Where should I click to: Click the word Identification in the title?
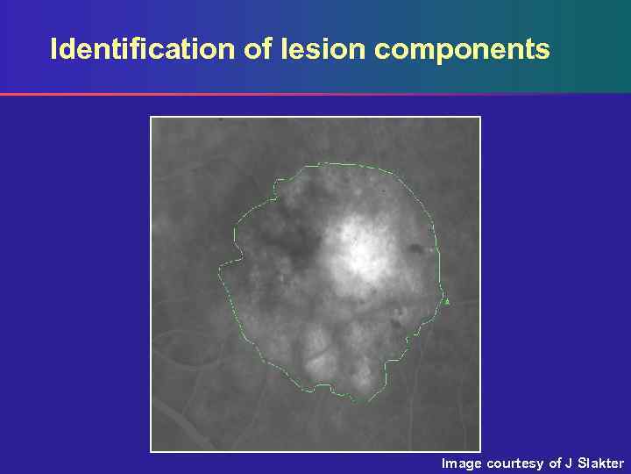(x=143, y=49)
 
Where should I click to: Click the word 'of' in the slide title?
(x=259, y=49)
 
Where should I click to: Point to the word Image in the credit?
(x=462, y=463)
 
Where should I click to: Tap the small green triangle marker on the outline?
(x=447, y=302)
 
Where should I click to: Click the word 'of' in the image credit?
(x=556, y=463)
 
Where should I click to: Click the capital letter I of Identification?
(x=53, y=49)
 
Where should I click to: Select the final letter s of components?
(x=543, y=51)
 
